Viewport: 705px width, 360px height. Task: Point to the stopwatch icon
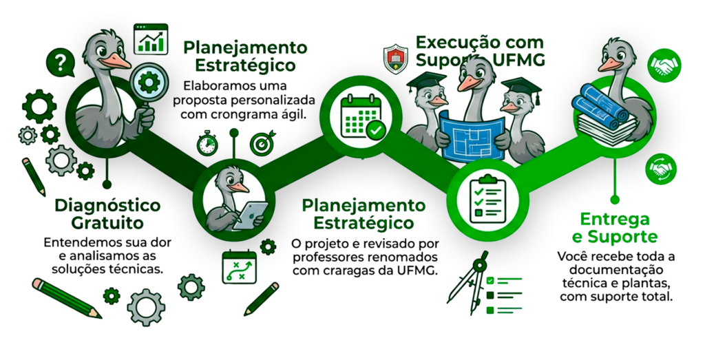tap(207, 143)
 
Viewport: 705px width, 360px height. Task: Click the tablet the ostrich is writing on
tap(246, 214)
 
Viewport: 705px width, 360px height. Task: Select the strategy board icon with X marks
tap(238, 268)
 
